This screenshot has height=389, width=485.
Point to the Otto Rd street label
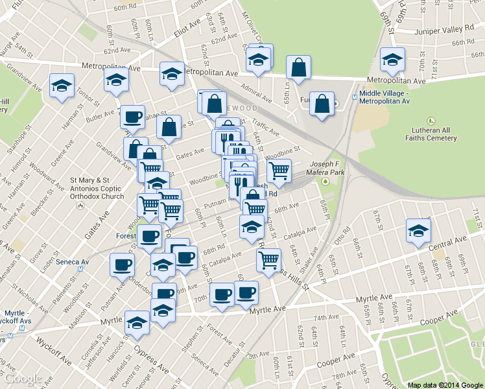click(342, 239)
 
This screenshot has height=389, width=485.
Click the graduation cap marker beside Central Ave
click(418, 230)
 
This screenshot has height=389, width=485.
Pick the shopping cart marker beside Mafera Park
click(279, 171)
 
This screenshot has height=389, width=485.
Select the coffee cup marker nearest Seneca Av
click(123, 265)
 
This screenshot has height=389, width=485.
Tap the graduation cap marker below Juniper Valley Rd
click(392, 60)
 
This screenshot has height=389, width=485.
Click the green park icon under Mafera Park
click(326, 180)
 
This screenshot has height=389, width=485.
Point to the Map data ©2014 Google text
click(445, 384)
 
